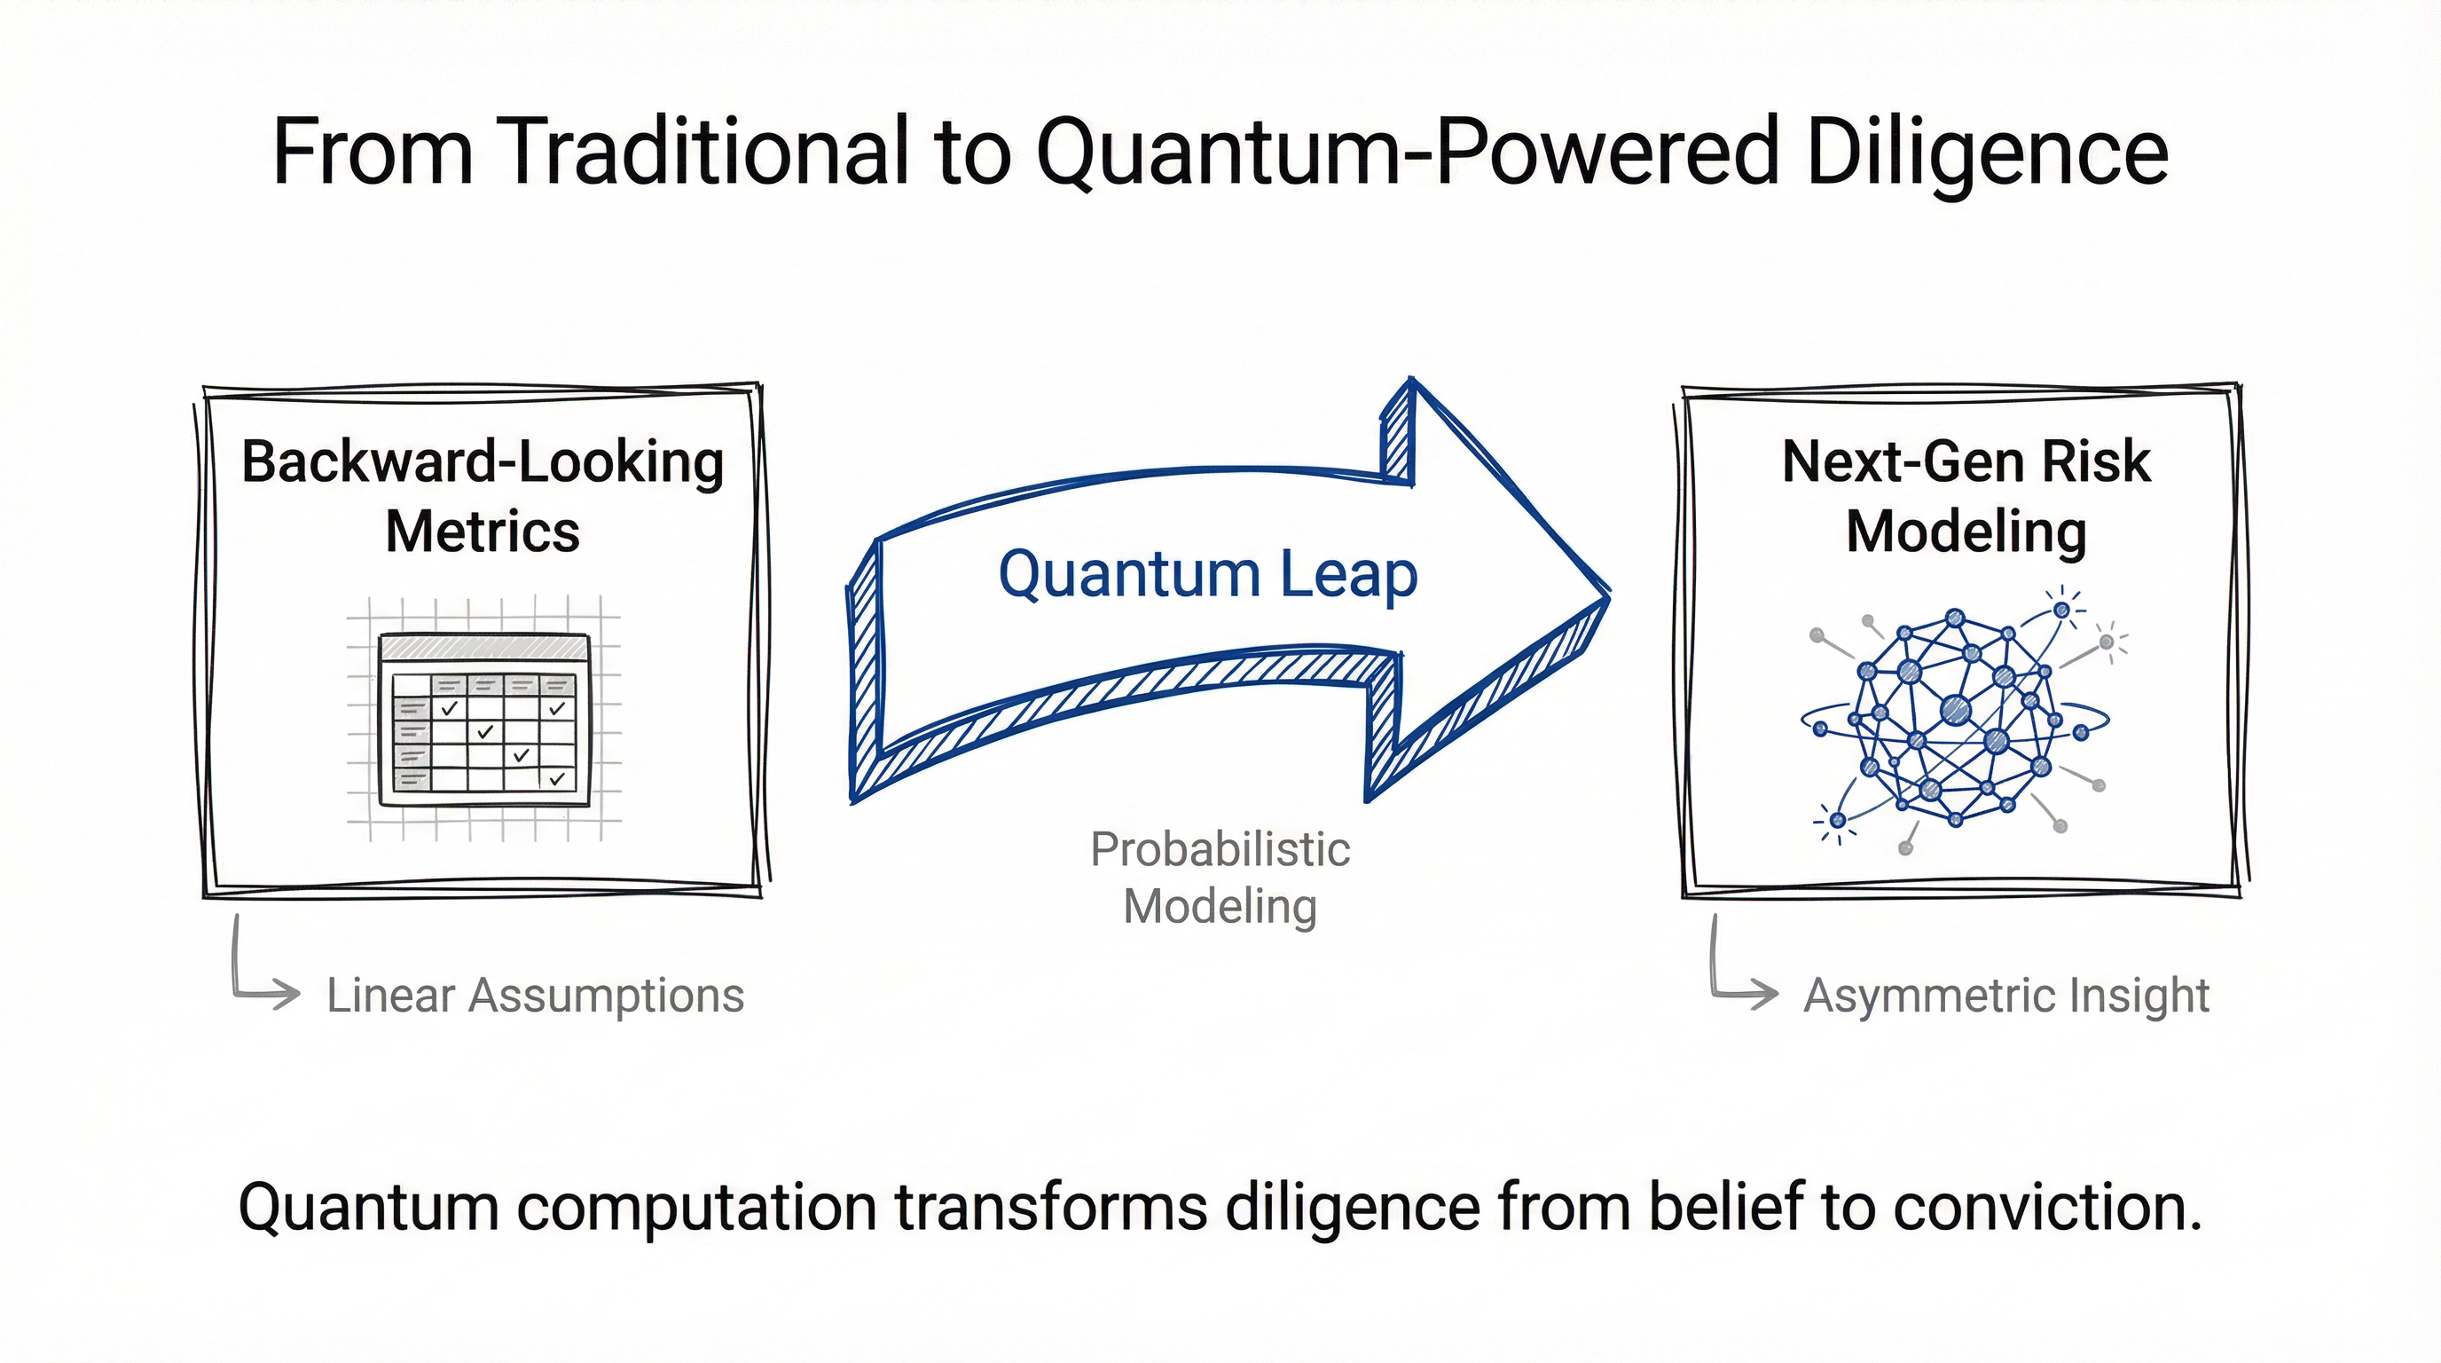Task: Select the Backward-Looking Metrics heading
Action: coord(483,496)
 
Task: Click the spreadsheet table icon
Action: coord(483,720)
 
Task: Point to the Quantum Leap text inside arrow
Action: coord(1207,574)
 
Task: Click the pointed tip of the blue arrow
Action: coord(1605,596)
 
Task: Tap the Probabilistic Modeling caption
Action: coord(1220,878)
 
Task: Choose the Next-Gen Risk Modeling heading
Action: coord(1966,496)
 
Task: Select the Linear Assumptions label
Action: coord(536,997)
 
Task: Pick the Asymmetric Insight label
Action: coord(2006,997)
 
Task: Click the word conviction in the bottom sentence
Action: coord(2048,1208)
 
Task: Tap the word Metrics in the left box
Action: coord(483,532)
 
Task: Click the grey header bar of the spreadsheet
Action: coord(483,649)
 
